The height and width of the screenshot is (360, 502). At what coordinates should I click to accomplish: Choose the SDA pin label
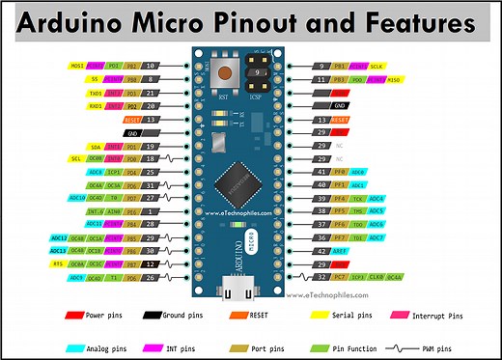click(93, 146)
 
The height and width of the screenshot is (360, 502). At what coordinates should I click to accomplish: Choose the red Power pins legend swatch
click(74, 316)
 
